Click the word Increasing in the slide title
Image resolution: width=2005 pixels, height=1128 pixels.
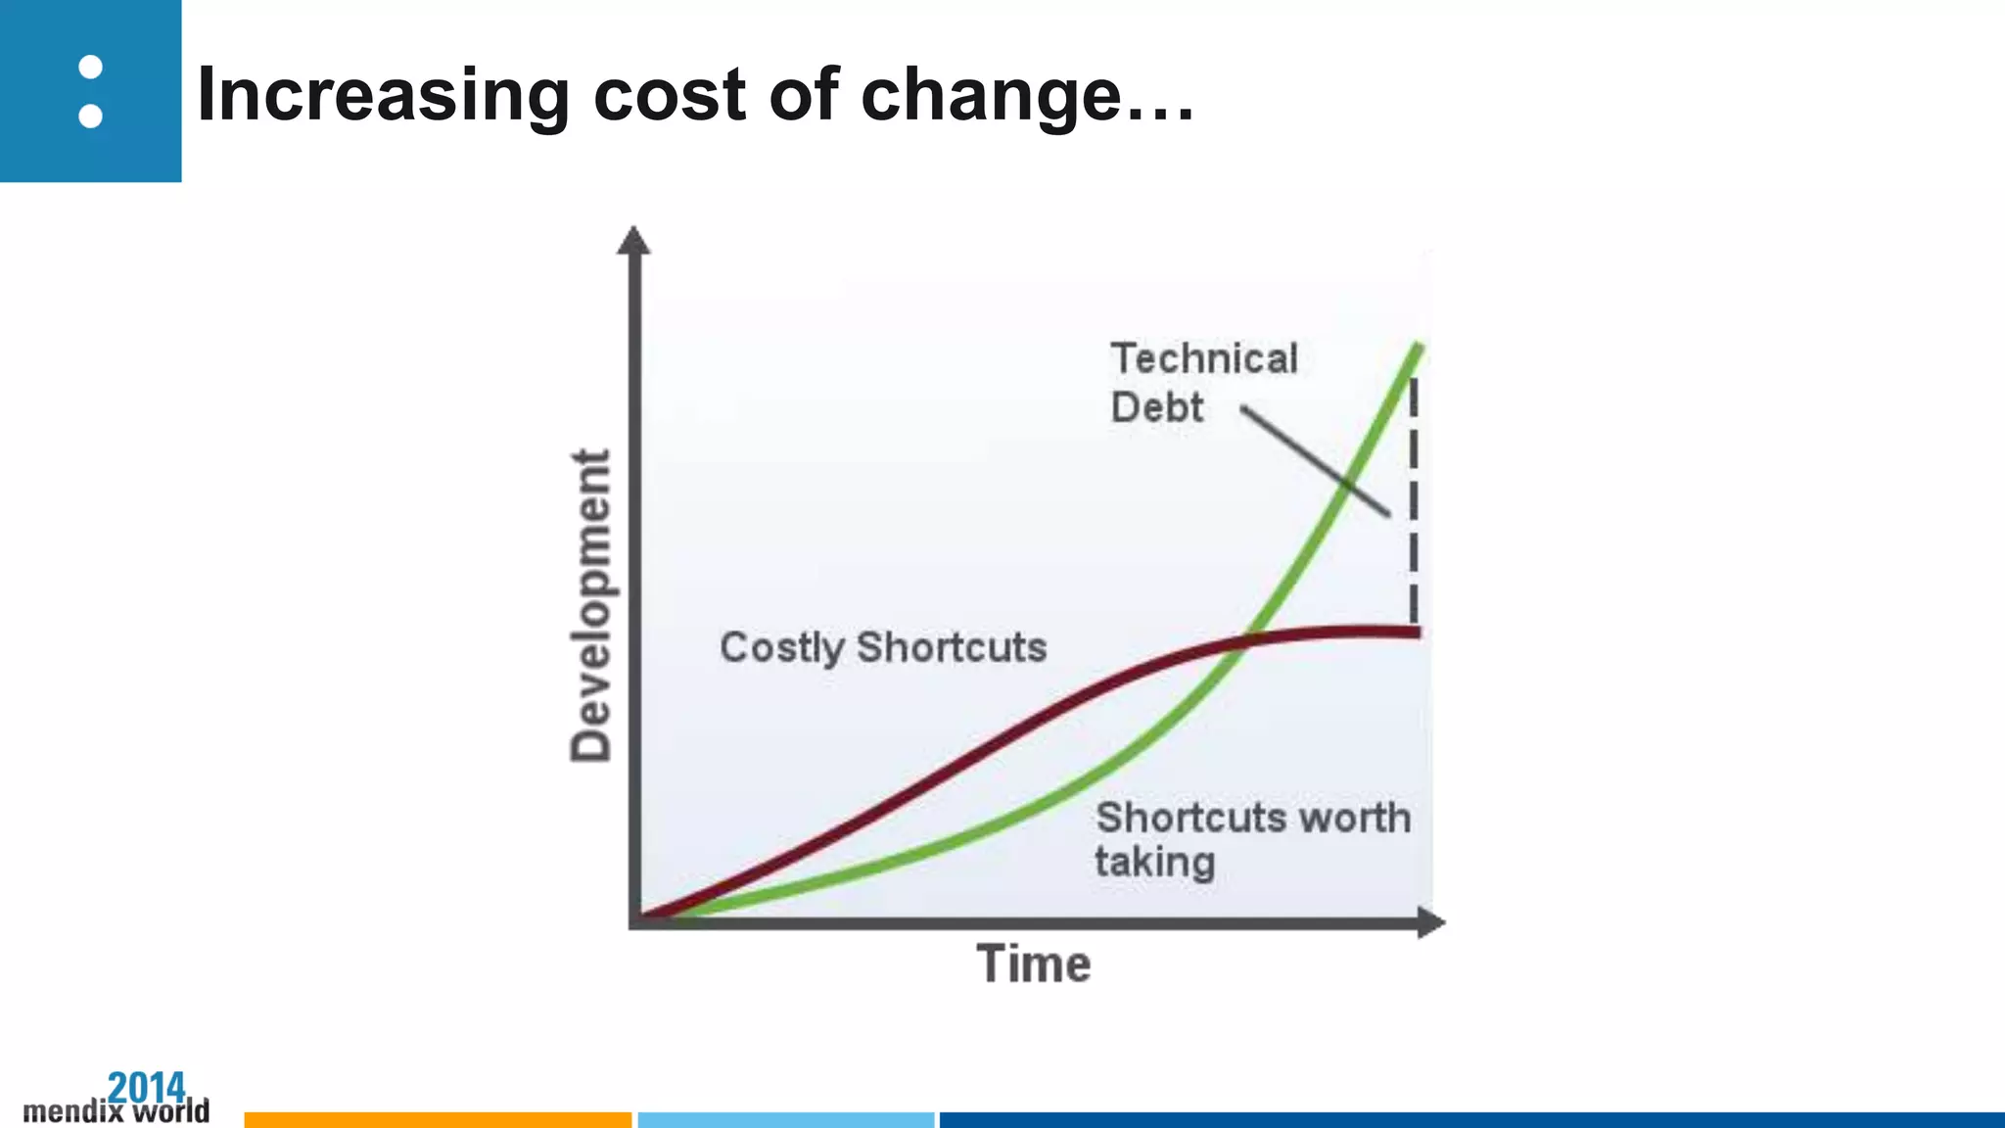coord(383,96)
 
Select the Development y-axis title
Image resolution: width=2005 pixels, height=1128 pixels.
coord(591,605)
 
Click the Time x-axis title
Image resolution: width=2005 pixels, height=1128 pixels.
coord(1033,963)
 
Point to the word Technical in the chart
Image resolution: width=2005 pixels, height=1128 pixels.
coord(1203,358)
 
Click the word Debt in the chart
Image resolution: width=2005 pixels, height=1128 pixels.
coord(1156,407)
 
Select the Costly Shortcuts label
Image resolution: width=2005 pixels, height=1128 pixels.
coord(883,647)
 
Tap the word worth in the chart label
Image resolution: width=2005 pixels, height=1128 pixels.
coord(1354,818)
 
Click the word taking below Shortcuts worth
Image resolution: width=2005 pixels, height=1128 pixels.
coord(1154,863)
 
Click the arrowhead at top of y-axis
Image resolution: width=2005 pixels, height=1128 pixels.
coord(633,240)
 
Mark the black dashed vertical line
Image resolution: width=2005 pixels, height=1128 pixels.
coord(1413,499)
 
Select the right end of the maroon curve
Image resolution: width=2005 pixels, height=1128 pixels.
coord(1416,633)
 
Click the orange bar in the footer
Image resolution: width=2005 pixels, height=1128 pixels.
coord(438,1119)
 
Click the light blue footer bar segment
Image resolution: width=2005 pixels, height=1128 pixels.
coord(786,1119)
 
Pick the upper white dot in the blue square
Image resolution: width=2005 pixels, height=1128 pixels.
coord(90,67)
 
